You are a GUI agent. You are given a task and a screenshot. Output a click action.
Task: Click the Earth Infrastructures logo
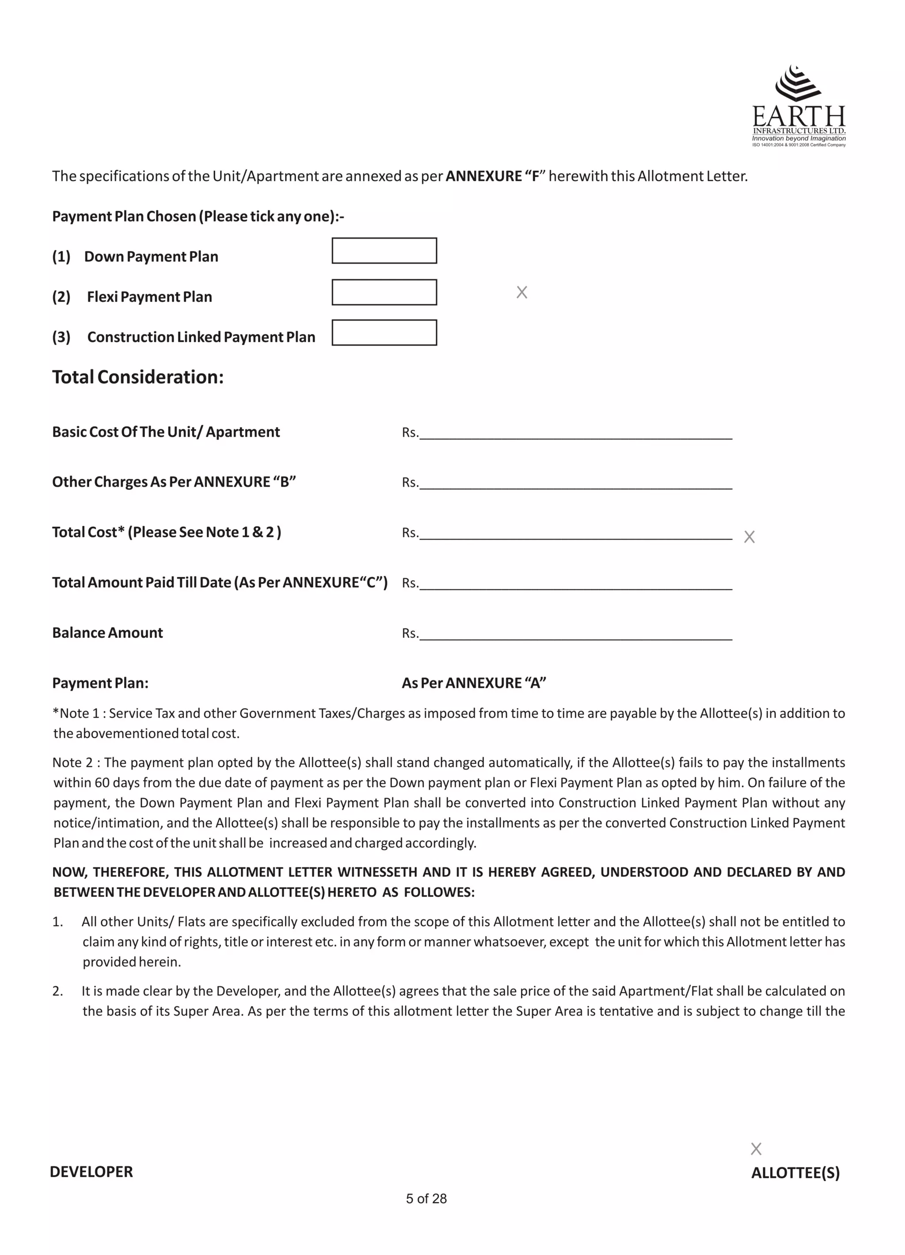coord(798,106)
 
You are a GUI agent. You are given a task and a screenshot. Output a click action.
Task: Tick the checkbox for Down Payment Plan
coord(384,251)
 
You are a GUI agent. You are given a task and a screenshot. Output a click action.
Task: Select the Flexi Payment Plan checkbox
coord(384,292)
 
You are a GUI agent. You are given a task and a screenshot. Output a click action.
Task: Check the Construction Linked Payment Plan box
coord(384,332)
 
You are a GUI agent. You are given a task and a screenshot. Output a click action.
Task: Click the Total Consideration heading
coord(138,378)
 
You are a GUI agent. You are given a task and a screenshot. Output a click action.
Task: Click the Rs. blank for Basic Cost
coord(575,433)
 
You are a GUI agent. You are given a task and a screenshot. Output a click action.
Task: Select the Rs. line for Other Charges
coord(575,483)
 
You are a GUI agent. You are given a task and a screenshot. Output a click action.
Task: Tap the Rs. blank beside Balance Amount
coord(575,634)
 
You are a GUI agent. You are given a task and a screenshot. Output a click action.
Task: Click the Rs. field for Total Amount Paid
coord(575,584)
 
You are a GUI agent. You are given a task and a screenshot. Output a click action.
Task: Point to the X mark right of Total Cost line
coord(749,537)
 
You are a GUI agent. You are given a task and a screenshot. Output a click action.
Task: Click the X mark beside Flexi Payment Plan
coord(521,292)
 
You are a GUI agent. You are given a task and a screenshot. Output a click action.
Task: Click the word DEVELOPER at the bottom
coord(91,1172)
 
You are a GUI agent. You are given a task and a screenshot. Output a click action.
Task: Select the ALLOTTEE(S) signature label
coord(795,1173)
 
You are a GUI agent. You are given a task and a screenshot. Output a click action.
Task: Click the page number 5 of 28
coord(426,1198)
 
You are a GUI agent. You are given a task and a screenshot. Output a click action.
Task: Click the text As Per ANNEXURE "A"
coord(474,683)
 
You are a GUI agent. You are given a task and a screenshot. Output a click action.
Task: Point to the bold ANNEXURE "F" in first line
coord(492,176)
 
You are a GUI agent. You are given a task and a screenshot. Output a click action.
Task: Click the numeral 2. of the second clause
coord(57,991)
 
